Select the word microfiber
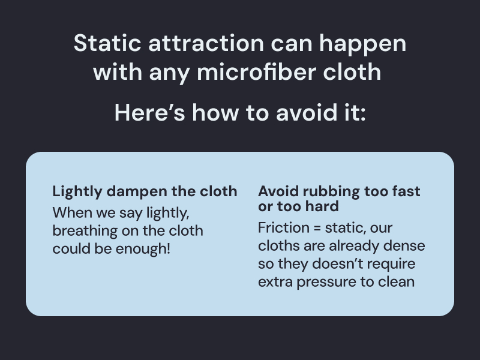248,72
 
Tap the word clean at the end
396,281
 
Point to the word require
391,264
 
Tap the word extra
274,281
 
